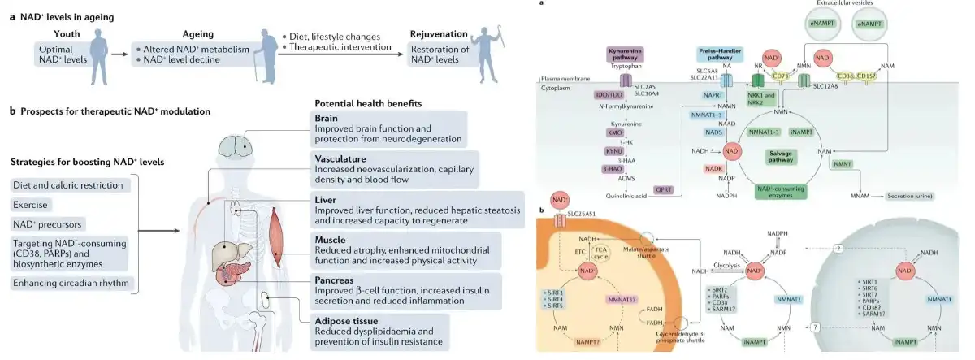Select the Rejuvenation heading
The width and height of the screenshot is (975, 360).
[x=438, y=33]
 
